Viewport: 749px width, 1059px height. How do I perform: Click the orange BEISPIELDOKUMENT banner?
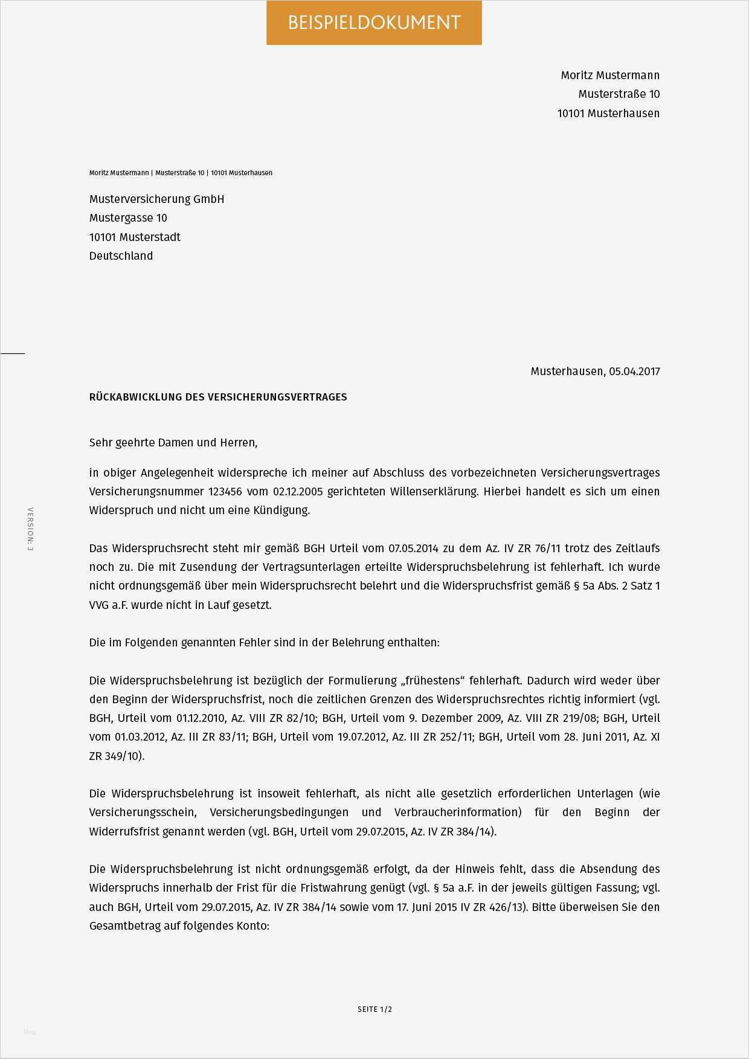(x=374, y=23)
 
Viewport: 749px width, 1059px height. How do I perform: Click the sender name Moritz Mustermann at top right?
(x=609, y=76)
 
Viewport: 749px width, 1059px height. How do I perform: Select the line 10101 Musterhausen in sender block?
(x=608, y=114)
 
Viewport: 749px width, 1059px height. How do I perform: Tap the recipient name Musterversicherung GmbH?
(x=156, y=199)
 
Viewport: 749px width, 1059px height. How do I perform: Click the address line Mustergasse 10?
(x=128, y=218)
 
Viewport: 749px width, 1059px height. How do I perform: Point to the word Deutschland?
(x=121, y=256)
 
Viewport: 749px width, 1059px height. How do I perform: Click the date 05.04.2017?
(x=634, y=372)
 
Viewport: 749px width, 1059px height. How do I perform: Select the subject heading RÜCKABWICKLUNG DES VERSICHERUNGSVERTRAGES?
(x=218, y=398)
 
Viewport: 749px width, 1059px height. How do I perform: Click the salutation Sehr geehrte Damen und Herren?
(x=173, y=443)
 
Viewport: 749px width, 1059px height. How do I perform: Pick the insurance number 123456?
(x=225, y=492)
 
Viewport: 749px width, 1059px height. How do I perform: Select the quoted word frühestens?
(x=432, y=681)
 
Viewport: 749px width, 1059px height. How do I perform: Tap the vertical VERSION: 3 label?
(x=30, y=529)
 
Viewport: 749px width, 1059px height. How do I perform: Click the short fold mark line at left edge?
(x=12, y=353)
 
